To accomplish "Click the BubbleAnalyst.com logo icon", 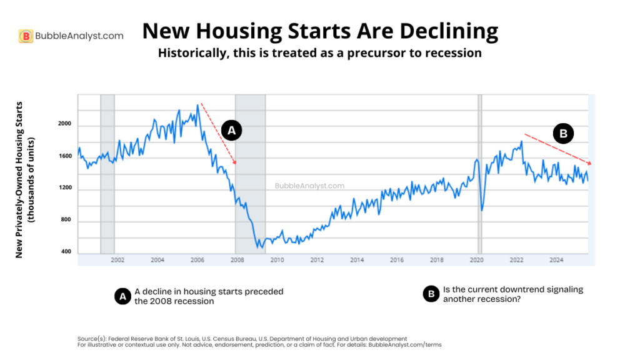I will click(x=26, y=36).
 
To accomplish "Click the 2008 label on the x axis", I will click(x=237, y=259).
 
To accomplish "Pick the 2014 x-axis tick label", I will click(x=357, y=259).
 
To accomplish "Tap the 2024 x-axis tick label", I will click(x=556, y=259).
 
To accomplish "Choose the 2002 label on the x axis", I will click(x=117, y=259).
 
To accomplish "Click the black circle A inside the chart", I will click(x=231, y=130).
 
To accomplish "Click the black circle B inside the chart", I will click(x=562, y=133).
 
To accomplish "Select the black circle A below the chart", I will click(x=122, y=296).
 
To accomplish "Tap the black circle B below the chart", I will click(x=431, y=294).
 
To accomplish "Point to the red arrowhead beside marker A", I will click(x=235, y=162).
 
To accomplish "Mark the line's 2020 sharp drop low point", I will click(x=481, y=209).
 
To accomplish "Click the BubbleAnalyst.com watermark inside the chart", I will click(x=309, y=186).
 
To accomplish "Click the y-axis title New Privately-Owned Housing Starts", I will click(x=19, y=179).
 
